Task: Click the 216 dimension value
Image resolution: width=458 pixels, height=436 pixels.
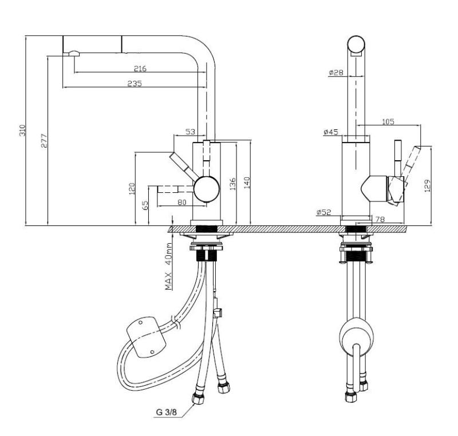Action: click(x=140, y=69)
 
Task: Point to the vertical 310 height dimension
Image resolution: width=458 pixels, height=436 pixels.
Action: click(x=23, y=130)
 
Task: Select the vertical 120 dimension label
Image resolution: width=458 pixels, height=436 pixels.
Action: click(x=131, y=188)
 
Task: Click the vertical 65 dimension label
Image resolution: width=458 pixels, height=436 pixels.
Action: click(x=145, y=204)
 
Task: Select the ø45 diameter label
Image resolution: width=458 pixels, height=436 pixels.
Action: click(x=331, y=132)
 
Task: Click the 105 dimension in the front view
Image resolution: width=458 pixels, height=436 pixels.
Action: click(x=388, y=121)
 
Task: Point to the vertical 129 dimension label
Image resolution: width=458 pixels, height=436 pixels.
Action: click(x=428, y=185)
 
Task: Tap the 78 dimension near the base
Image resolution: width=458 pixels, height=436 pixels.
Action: click(x=380, y=220)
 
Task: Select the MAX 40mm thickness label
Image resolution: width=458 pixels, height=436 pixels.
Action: click(x=169, y=265)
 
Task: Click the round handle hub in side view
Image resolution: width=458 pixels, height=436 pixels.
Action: click(x=206, y=188)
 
